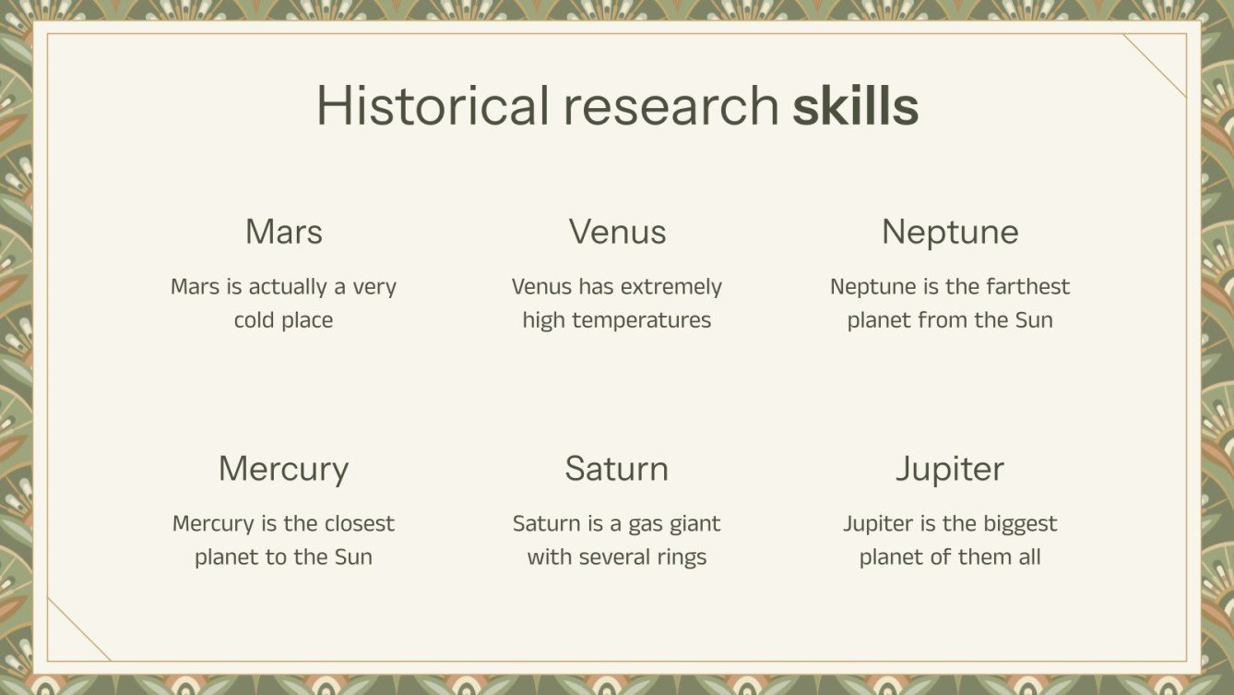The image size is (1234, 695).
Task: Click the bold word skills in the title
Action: click(855, 106)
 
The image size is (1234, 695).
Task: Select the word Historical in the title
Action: click(433, 106)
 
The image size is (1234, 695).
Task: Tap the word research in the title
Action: click(671, 106)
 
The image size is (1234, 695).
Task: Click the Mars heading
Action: click(284, 232)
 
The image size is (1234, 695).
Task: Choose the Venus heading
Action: click(617, 232)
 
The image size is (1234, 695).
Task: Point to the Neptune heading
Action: click(950, 232)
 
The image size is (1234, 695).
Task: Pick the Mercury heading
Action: click(284, 469)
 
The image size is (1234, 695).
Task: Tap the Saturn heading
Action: click(617, 469)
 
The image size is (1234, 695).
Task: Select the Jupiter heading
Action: click(950, 469)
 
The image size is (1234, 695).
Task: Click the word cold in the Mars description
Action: click(255, 321)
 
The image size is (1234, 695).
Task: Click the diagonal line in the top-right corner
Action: click(1155, 66)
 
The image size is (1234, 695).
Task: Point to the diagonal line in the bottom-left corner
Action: click(78, 629)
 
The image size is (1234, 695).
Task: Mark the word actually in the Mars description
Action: click(288, 287)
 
